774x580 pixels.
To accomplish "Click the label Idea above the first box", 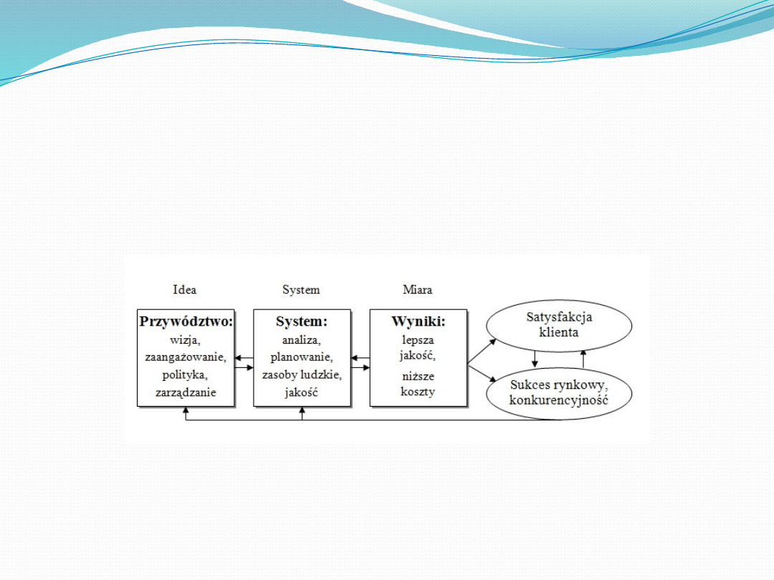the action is [185, 289].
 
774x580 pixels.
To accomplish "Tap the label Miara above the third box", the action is [418, 289].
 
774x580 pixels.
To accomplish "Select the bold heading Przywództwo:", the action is [186, 322].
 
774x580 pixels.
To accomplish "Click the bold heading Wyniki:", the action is [419, 322].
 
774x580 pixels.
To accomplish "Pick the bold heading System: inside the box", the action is [302, 322].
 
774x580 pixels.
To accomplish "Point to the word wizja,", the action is [185, 340].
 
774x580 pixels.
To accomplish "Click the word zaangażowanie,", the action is [186, 357].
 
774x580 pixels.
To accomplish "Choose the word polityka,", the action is [185, 374].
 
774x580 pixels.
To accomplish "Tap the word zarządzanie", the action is [186, 392].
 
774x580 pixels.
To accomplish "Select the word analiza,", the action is [302, 340].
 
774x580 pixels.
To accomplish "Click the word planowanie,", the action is [302, 357].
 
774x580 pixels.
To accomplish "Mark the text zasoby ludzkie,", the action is [302, 374].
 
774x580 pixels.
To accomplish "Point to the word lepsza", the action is [418, 340].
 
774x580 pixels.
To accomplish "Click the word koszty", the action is [418, 392].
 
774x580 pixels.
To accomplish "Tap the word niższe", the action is [418, 377].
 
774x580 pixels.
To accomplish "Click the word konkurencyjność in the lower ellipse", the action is [559, 400].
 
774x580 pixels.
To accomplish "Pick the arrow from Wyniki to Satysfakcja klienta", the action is [482, 351].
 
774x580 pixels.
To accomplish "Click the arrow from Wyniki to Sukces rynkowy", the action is [482, 373].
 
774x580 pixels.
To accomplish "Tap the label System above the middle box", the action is [301, 289].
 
